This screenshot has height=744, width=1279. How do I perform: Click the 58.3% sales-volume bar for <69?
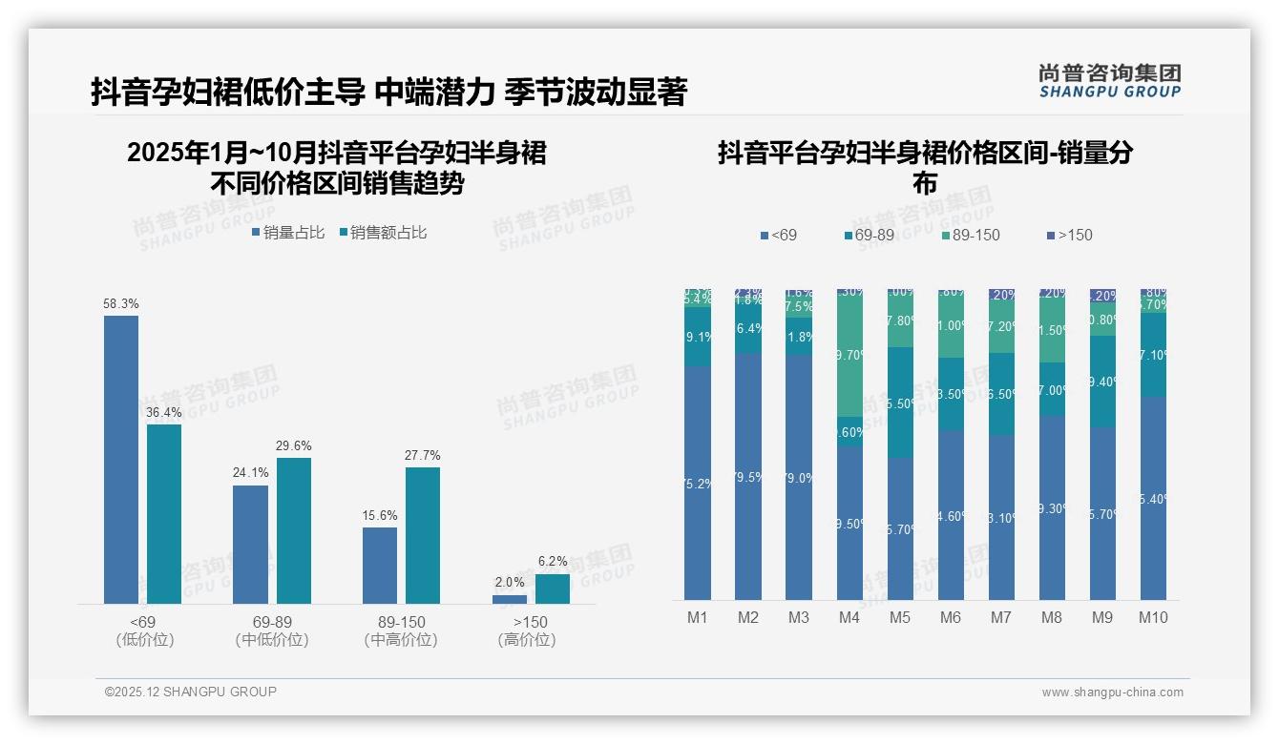pos(121,459)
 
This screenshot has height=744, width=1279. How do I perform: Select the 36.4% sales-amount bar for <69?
pos(164,513)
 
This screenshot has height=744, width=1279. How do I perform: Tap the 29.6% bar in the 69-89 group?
pos(294,530)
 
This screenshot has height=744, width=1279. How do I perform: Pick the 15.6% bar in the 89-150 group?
pos(380,565)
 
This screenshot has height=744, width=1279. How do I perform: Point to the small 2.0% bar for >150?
pos(510,599)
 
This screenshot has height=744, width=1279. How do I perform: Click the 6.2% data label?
pos(553,562)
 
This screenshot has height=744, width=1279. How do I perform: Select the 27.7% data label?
pos(423,456)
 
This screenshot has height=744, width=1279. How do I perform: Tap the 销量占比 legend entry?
pos(288,233)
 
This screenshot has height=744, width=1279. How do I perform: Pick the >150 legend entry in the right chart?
pos(1069,235)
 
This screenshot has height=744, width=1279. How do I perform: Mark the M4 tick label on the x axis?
pos(849,617)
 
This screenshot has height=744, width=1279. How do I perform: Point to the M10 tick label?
pos(1153,617)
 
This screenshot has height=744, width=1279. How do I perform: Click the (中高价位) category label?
pos(401,640)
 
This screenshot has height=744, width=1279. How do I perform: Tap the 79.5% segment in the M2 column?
pos(748,476)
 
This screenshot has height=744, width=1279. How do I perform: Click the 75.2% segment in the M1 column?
pos(698,483)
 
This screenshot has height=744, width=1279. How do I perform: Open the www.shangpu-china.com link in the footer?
pos(1112,692)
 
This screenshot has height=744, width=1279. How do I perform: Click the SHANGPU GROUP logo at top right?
pos(1109,81)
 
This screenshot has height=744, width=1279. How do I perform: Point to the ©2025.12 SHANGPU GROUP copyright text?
pos(191,692)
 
